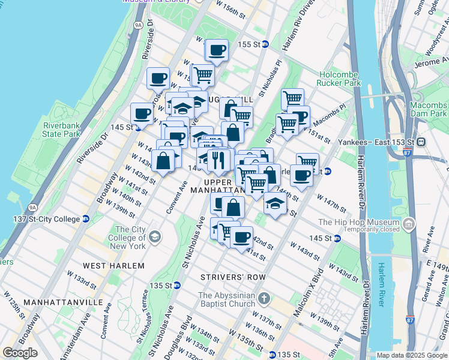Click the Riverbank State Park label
tap(66, 130)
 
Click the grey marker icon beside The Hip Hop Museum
tap(410, 224)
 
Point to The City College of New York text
tap(130, 238)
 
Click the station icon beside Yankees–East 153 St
tap(421, 142)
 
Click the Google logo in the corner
tap(20, 353)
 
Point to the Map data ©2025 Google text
tap(412, 355)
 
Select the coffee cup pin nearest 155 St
tap(217, 50)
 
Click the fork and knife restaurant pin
tap(218, 160)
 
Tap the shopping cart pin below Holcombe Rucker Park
tap(292, 98)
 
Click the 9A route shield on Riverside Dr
tap(137, 25)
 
